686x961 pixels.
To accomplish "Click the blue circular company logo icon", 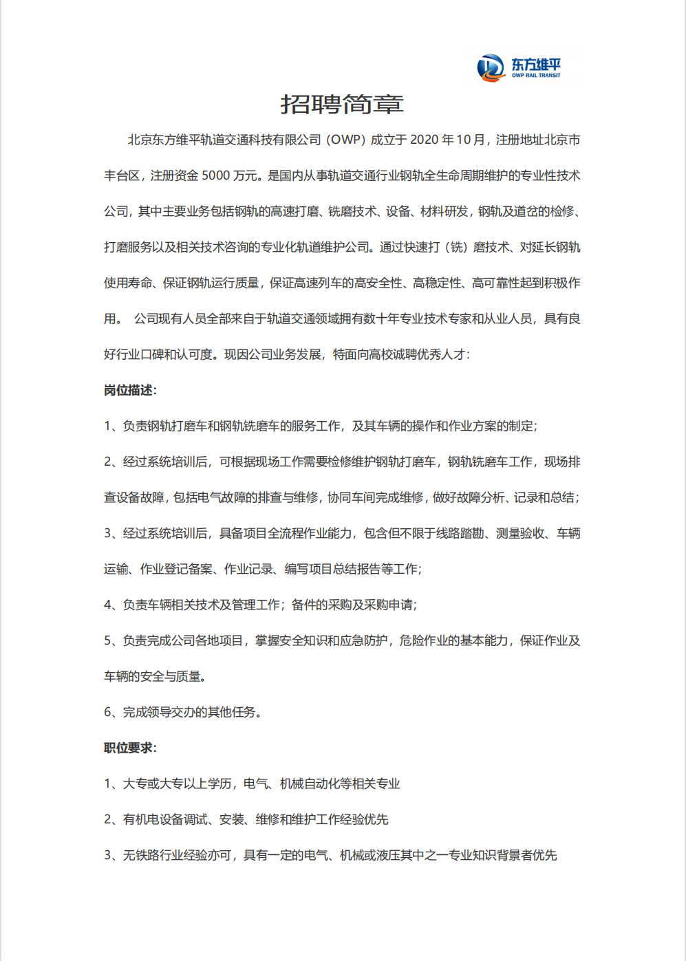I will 491,67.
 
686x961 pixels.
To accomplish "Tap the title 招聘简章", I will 342,104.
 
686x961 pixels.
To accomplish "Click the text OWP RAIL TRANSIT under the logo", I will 535,76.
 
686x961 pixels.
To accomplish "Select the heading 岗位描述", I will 130,390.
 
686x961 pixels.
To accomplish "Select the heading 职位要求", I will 130,748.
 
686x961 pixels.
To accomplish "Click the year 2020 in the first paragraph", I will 424,140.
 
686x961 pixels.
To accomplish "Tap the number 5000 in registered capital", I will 215,175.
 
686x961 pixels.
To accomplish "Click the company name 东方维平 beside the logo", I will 535,64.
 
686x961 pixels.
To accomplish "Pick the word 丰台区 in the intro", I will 122,175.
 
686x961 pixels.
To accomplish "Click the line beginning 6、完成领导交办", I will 182,712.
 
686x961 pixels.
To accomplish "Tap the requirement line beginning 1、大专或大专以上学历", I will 252,784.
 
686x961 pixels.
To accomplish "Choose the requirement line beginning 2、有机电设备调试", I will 246,819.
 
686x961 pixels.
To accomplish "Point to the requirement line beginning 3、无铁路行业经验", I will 330,855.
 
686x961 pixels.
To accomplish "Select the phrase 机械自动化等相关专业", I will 340,784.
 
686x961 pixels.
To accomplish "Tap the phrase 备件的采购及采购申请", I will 353,605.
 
